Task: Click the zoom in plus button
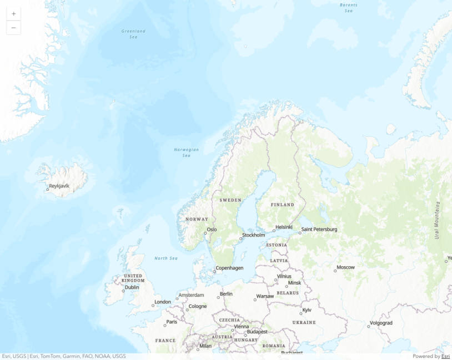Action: pyautogui.click(x=13, y=14)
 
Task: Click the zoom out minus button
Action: pyautogui.click(x=13, y=28)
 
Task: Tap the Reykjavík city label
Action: pyautogui.click(x=59, y=186)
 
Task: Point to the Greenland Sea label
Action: pyautogui.click(x=133, y=34)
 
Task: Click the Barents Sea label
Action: pyautogui.click(x=348, y=8)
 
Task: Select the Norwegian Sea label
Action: pyautogui.click(x=186, y=153)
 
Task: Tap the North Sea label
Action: pyautogui.click(x=165, y=258)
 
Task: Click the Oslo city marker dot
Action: pyautogui.click(x=205, y=233)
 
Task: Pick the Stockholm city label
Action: pyautogui.click(x=254, y=235)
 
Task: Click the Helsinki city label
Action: pyautogui.click(x=284, y=226)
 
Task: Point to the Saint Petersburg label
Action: pyautogui.click(x=319, y=229)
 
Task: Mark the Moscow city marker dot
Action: pyautogui.click(x=335, y=271)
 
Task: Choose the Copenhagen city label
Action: pyautogui.click(x=230, y=268)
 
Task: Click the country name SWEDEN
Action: pyautogui.click(x=230, y=200)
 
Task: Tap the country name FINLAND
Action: pyautogui.click(x=282, y=205)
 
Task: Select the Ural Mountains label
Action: pyautogui.click(x=437, y=221)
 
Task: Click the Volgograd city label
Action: pyautogui.click(x=381, y=323)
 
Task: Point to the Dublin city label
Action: pyautogui.click(x=132, y=287)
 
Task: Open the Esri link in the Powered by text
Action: pyautogui.click(x=445, y=356)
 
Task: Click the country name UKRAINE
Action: pyautogui.click(x=304, y=322)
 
